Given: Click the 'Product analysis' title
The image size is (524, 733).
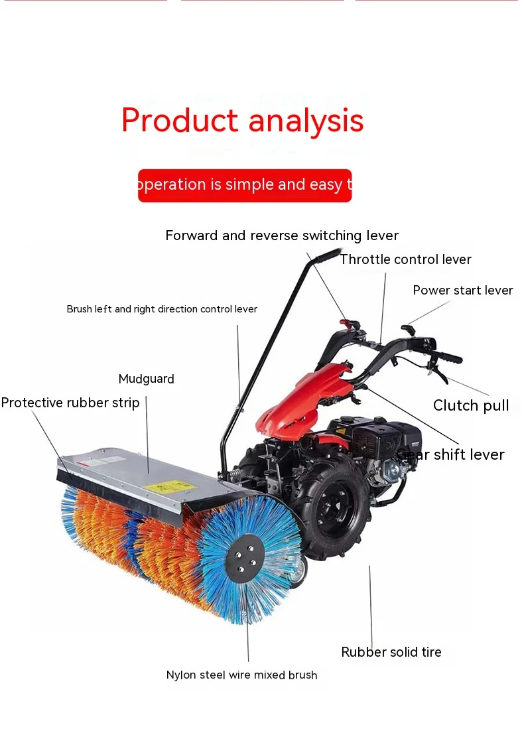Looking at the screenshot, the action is (242, 121).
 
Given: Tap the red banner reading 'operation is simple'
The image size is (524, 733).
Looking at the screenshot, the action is (244, 185).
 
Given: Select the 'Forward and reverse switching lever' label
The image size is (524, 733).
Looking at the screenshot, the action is (282, 235).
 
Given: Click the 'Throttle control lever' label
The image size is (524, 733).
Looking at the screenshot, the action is (405, 259).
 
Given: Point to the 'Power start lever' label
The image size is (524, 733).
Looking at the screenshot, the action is (462, 291).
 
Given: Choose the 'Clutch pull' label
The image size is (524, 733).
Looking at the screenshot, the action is (471, 405).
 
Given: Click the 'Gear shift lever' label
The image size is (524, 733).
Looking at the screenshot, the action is (451, 454).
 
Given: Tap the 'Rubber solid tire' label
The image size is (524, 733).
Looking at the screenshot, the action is (391, 652).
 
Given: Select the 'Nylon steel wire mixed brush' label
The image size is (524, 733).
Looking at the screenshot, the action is (241, 675).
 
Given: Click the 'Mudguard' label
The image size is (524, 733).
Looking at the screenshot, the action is (146, 379).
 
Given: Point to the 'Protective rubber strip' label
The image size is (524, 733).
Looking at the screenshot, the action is (70, 403).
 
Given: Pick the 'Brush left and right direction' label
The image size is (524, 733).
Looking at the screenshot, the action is (162, 309).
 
